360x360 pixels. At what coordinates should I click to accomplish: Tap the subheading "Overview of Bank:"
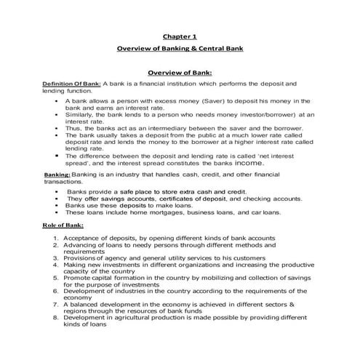[x=180, y=73]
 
